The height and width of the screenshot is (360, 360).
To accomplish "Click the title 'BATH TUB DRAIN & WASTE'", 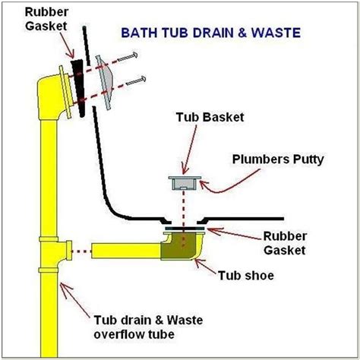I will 207,33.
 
